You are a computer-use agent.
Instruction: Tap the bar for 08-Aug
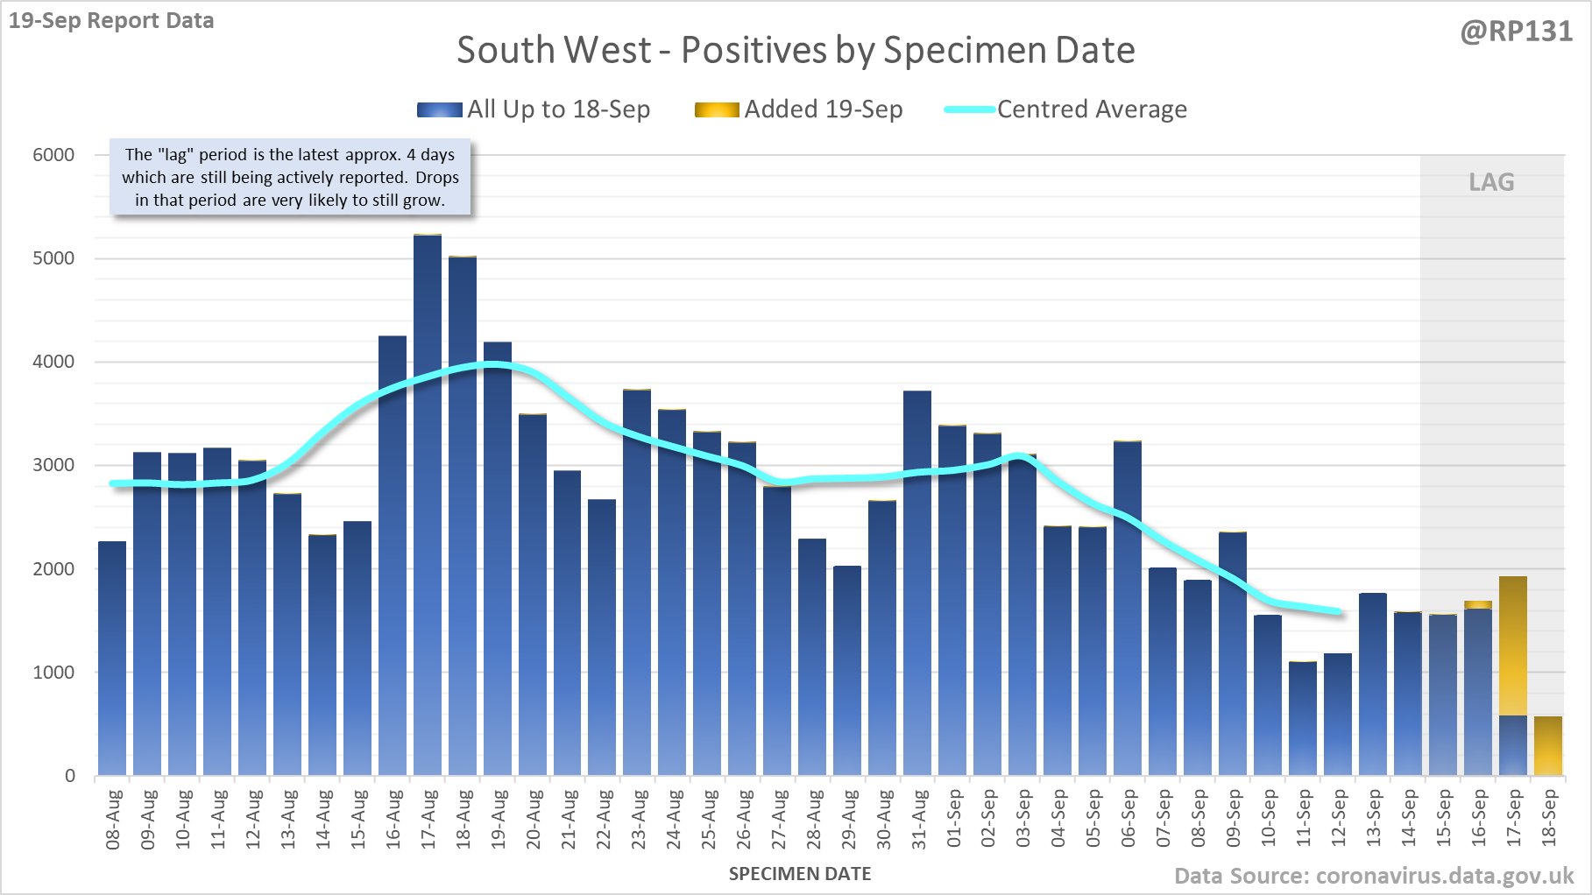pyautogui.click(x=112, y=658)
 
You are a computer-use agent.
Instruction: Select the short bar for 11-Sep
pyautogui.click(x=1303, y=718)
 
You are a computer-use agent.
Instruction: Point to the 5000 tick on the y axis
pyautogui.click(x=53, y=258)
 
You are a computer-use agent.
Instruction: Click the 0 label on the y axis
pyautogui.click(x=70, y=776)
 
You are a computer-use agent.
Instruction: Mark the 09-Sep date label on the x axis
pyautogui.click(x=1234, y=820)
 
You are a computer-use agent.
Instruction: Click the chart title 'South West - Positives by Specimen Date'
pyautogui.click(x=796, y=50)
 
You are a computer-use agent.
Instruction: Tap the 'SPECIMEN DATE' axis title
pyautogui.click(x=800, y=874)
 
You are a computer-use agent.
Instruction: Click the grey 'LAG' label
pyautogui.click(x=1491, y=182)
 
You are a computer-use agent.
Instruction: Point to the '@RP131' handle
pyautogui.click(x=1517, y=32)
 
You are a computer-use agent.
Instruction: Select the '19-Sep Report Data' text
pyautogui.click(x=111, y=21)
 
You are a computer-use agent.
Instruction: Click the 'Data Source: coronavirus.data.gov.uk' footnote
pyautogui.click(x=1374, y=876)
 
